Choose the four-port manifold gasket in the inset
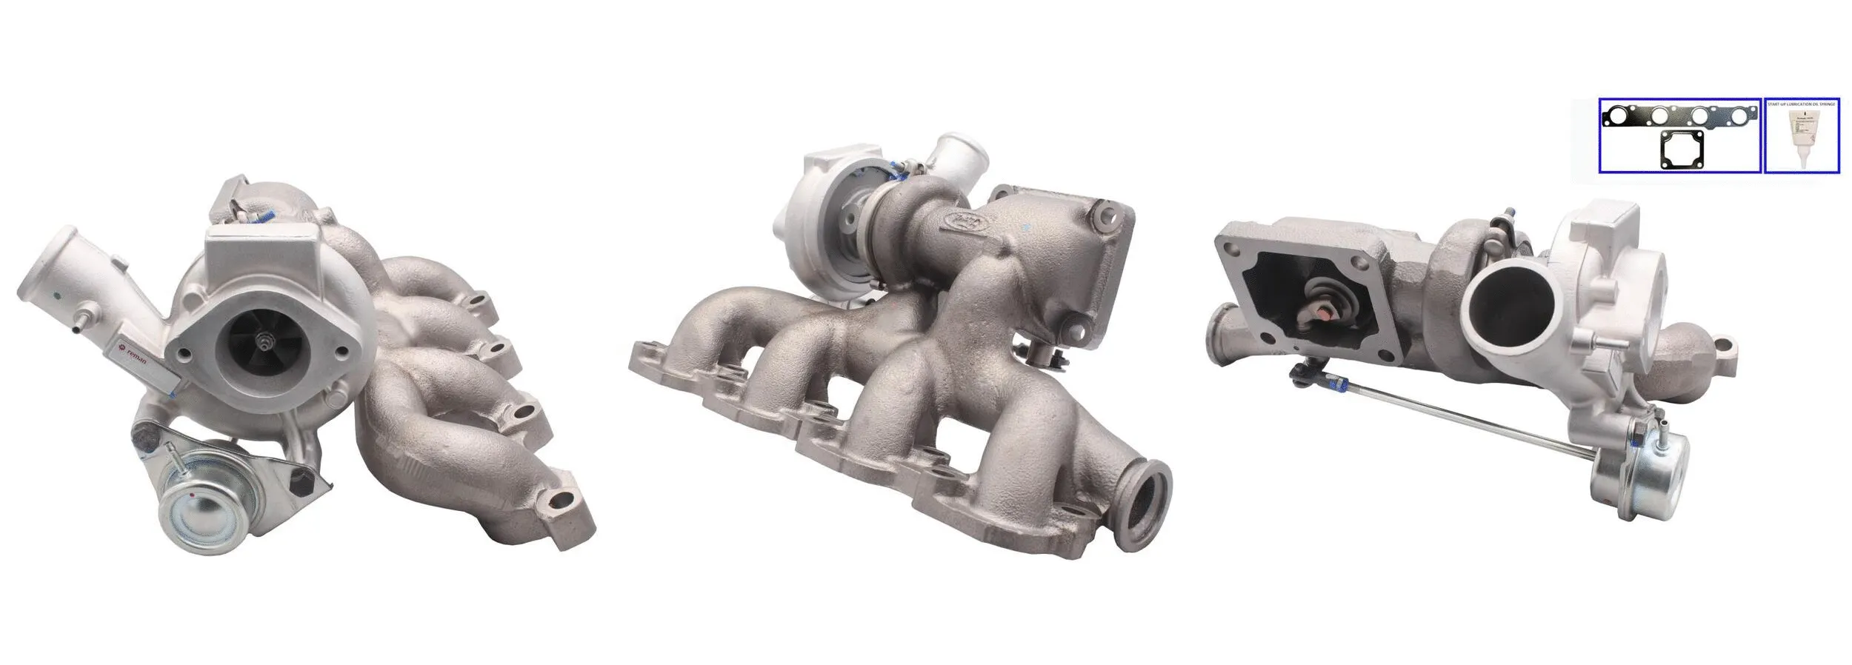(1678, 118)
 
